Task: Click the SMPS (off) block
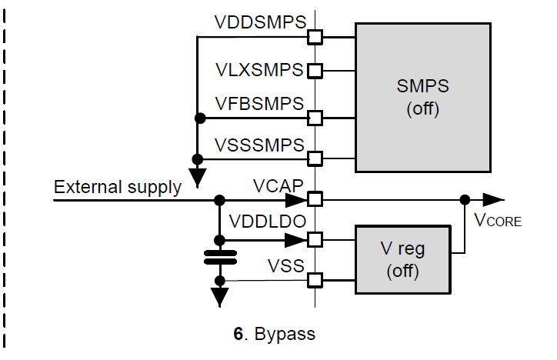[x=422, y=97]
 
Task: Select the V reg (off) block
[x=403, y=259]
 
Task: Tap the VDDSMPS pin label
[x=260, y=23]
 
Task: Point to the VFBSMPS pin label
[x=260, y=104]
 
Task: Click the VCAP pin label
[x=278, y=185]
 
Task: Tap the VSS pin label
[x=285, y=265]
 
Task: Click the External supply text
[x=118, y=186]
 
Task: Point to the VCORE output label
[x=498, y=221]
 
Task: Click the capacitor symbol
[x=220, y=256]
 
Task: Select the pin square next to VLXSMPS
[x=315, y=71]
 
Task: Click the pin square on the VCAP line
[x=315, y=200]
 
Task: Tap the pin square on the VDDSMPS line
[x=315, y=35]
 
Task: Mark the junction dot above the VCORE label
[x=464, y=200]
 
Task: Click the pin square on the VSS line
[x=315, y=280]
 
